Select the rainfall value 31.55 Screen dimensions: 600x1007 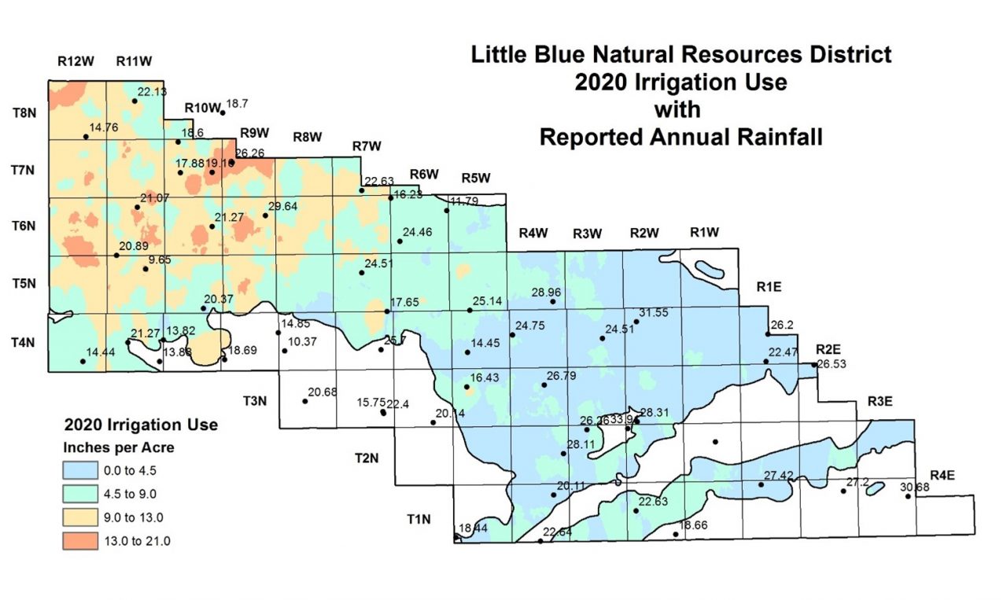click(653, 313)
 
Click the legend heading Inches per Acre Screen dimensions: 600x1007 click(118, 448)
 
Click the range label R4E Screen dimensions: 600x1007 click(942, 475)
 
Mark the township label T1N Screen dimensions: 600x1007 click(419, 519)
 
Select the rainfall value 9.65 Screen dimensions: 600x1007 click(160, 260)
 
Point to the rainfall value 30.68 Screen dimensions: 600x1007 click(915, 488)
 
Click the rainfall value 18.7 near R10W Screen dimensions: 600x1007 click(238, 104)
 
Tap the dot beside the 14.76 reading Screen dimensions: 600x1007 click(86, 137)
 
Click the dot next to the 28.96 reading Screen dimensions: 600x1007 click(552, 302)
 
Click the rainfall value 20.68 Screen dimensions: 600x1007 click(323, 392)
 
